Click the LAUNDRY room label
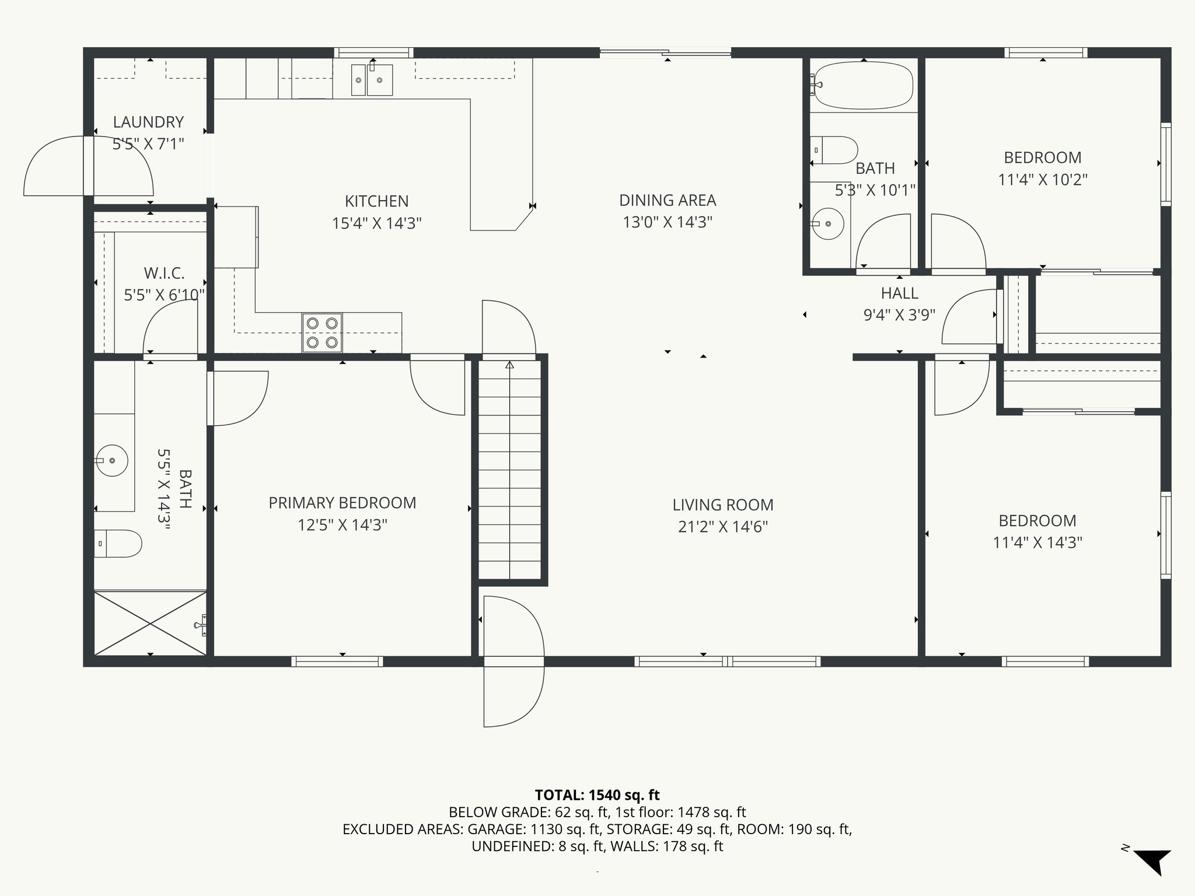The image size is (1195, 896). (x=148, y=122)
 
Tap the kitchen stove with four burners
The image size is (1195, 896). (x=322, y=332)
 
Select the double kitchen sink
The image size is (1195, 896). (x=372, y=80)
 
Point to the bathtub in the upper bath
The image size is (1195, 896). (x=863, y=86)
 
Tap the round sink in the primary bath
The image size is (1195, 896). (x=111, y=460)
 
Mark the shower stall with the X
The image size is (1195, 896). (x=151, y=624)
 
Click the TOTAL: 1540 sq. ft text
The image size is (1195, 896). (x=597, y=794)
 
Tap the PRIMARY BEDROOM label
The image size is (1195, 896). (x=342, y=503)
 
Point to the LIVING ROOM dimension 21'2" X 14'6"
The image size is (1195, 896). (x=722, y=527)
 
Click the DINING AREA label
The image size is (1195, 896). (x=667, y=200)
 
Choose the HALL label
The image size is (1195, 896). (x=899, y=293)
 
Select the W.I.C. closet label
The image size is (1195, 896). (x=164, y=273)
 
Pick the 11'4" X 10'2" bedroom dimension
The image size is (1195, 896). (x=1042, y=180)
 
